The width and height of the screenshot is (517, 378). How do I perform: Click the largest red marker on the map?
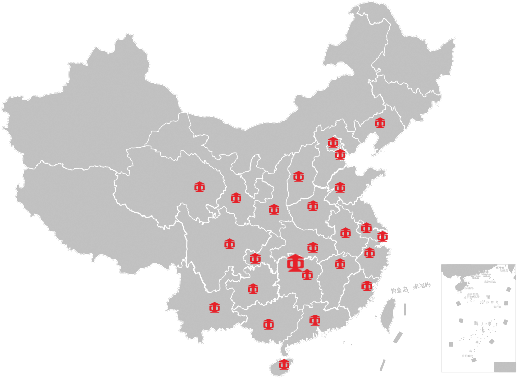click(295, 263)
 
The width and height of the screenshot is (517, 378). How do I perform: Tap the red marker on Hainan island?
click(284, 364)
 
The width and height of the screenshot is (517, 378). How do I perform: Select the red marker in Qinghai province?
click(200, 187)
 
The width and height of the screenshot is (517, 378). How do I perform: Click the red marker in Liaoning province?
click(380, 123)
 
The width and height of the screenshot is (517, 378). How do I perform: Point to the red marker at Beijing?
click(333, 142)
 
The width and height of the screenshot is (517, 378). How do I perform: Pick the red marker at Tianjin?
click(340, 154)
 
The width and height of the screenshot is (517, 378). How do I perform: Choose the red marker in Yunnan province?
click(215, 307)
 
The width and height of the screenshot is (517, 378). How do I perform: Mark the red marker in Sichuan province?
click(230, 244)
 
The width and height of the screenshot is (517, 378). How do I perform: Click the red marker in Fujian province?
click(367, 286)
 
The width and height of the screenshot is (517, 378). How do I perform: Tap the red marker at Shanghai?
click(383, 236)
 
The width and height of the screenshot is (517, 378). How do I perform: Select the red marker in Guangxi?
click(268, 324)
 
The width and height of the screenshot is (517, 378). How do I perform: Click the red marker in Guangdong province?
click(315, 320)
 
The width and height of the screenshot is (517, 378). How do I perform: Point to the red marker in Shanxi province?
click(299, 176)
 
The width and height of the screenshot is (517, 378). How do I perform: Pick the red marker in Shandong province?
click(340, 187)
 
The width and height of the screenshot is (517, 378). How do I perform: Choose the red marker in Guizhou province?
click(253, 289)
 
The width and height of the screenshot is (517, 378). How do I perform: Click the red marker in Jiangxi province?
click(340, 264)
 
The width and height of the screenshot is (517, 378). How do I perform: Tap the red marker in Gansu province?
click(236, 198)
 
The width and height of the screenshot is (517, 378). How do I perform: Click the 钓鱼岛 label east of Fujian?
click(399, 290)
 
